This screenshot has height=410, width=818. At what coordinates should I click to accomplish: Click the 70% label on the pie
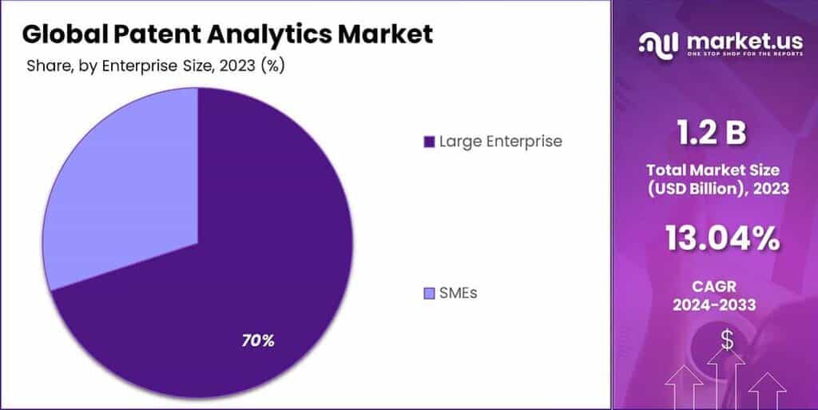tap(258, 340)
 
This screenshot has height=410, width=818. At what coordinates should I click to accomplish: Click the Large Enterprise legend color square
tap(429, 142)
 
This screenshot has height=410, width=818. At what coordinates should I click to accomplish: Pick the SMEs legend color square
tap(429, 293)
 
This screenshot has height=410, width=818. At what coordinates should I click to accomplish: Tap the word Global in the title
tap(60, 34)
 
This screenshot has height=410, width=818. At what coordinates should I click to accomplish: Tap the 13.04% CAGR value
tap(721, 237)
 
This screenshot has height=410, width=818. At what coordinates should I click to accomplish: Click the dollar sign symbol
tap(726, 340)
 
